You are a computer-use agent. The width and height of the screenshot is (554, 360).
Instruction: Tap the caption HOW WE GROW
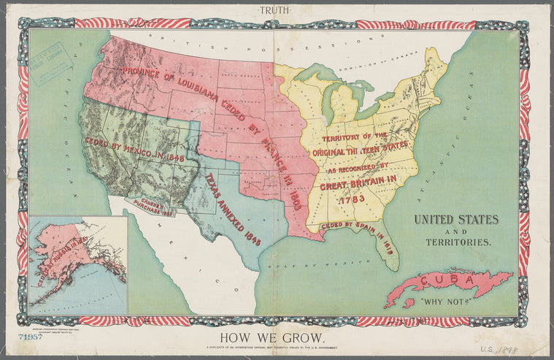277,337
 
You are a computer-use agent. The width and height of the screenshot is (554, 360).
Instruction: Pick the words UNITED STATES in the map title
456,219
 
